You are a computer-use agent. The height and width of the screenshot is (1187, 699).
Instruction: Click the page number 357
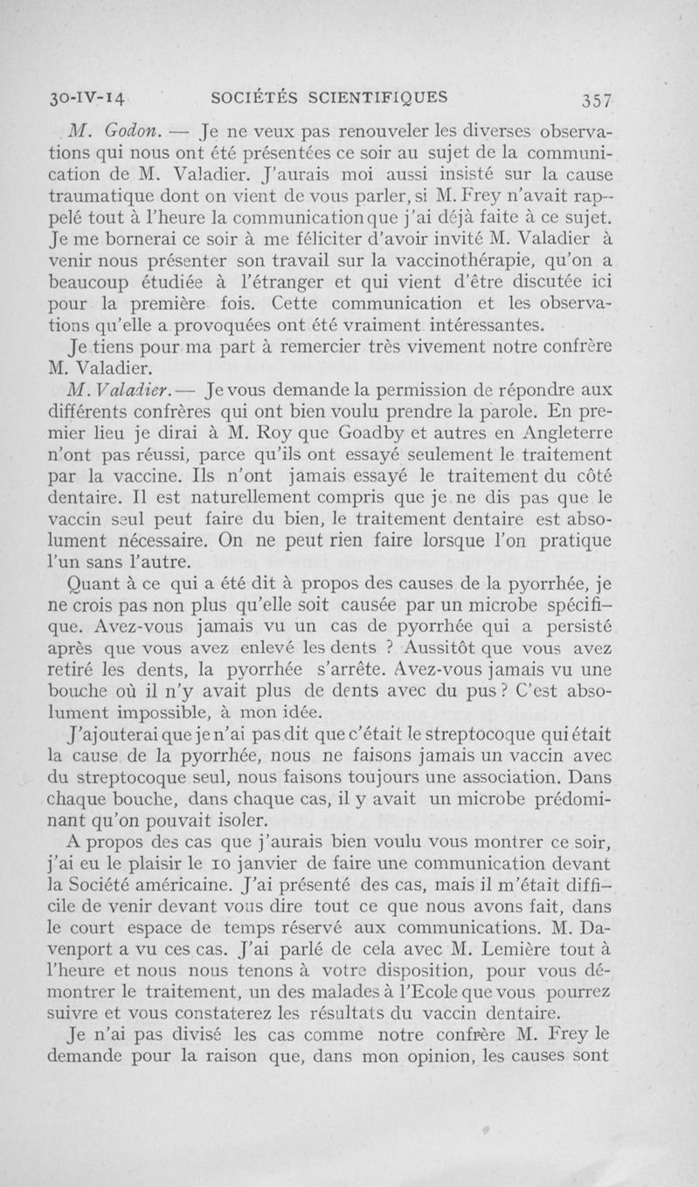[591, 98]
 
